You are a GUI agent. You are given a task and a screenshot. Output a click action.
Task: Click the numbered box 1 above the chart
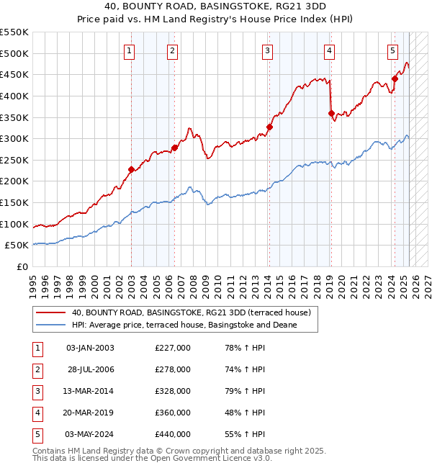128,50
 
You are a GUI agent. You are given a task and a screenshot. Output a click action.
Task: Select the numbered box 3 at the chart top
267,50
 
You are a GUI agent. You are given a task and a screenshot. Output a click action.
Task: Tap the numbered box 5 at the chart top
392,50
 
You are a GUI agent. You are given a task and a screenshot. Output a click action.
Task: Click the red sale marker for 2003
131,170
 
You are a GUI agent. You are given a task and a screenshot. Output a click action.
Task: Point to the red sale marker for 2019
330,113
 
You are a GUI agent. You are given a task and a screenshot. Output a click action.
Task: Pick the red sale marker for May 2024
395,79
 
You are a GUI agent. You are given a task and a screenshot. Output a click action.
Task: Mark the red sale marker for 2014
269,127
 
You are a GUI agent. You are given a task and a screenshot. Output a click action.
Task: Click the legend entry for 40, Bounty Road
191,313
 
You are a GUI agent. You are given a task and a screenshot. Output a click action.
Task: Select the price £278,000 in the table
173,369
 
